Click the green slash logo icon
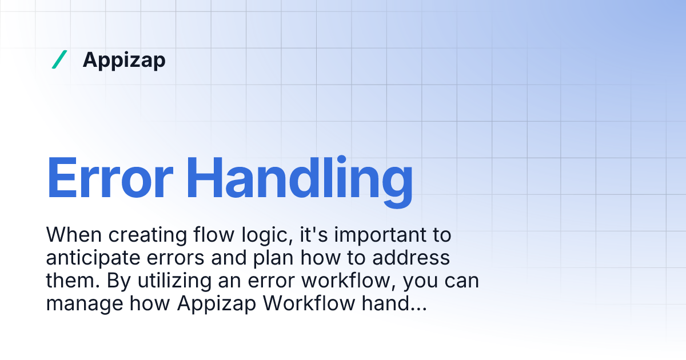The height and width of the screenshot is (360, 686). click(59, 59)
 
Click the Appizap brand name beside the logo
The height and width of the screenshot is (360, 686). click(124, 59)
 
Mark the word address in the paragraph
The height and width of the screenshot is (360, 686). click(410, 258)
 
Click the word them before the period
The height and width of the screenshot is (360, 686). click(72, 281)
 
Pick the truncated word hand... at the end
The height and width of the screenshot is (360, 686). click(394, 303)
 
